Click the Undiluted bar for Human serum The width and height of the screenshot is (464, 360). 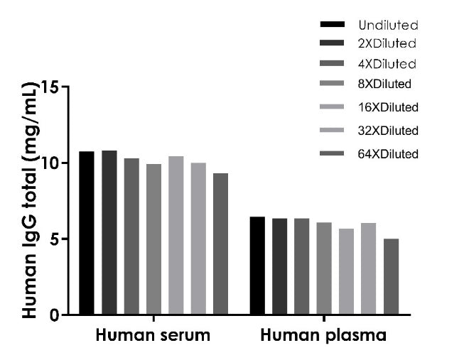[87, 233]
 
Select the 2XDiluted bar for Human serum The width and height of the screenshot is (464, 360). [109, 232]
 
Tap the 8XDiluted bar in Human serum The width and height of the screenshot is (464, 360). [153, 239]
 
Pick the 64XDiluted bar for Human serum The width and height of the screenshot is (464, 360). [220, 244]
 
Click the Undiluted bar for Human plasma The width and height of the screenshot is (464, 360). [257, 266]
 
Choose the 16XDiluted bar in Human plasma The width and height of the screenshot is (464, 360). [346, 271]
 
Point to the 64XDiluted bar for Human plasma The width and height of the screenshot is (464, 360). [392, 277]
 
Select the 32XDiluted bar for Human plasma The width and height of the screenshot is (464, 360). [368, 268]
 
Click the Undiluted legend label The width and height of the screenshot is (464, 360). [388, 25]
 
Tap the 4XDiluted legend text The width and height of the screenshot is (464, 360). [387, 64]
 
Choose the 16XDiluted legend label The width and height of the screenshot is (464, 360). [388, 107]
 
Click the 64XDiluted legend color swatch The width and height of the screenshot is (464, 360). [332, 153]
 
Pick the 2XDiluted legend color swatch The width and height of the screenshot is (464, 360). [332, 43]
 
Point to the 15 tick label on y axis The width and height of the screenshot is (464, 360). [50, 87]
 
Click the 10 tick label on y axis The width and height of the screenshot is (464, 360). [50, 163]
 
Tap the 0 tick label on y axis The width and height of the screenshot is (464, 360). [55, 315]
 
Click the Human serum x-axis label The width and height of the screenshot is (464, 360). [153, 335]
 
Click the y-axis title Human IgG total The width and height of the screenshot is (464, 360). [30, 200]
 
